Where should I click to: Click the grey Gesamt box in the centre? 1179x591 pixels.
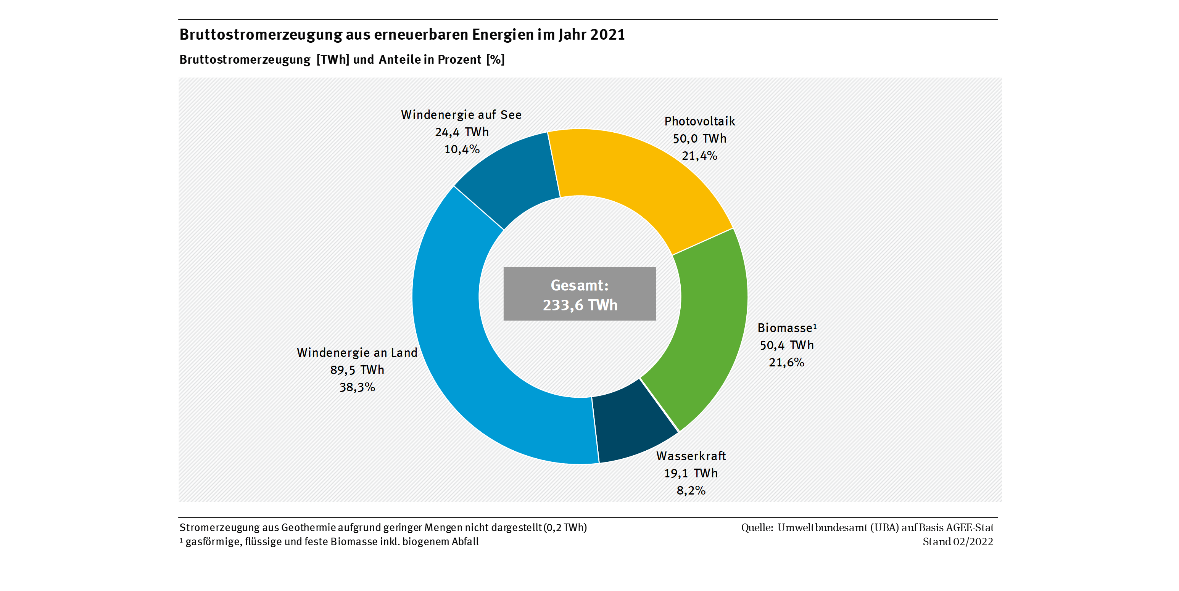[580, 294]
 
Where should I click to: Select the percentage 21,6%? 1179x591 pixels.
[786, 362]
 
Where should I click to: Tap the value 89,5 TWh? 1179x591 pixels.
[357, 369]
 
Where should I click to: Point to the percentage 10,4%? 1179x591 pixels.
[462, 149]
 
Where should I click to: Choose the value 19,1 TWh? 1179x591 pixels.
[691, 473]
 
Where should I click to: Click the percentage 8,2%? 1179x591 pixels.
[691, 490]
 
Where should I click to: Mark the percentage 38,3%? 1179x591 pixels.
[357, 387]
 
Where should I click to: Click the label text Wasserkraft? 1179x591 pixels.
[691, 456]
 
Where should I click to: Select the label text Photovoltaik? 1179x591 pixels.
[699, 121]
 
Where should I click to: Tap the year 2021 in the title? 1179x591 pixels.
[607, 35]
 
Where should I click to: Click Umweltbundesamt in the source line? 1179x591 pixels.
[822, 527]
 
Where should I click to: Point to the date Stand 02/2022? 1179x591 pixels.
[957, 541]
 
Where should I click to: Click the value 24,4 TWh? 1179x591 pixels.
[462, 132]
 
